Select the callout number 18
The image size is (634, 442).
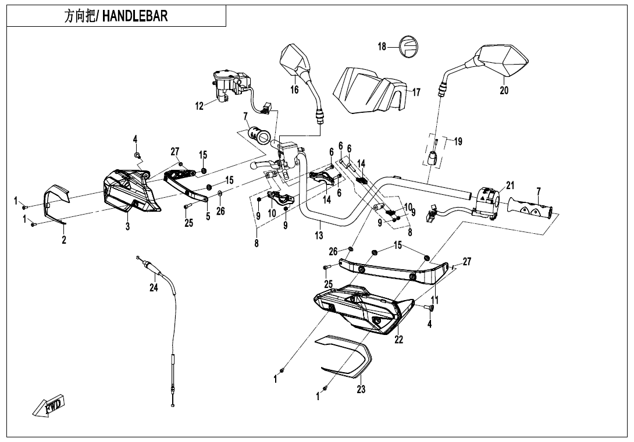tap(382, 46)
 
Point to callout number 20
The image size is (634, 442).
tap(504, 90)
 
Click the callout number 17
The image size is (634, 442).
tap(416, 92)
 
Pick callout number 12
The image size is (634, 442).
tap(200, 106)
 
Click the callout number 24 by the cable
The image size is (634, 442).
tap(154, 288)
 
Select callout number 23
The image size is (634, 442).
tap(361, 390)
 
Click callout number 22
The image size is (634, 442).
tap(398, 340)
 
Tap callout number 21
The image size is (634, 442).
tap(510, 186)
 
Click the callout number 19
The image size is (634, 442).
tap(458, 141)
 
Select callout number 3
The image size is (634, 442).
tap(127, 227)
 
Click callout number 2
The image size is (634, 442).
tap(63, 239)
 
